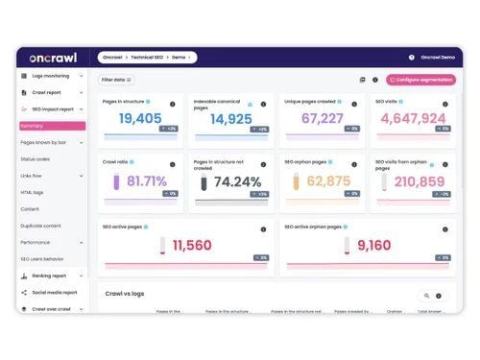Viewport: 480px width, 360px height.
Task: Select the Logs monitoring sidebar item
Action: [50, 76]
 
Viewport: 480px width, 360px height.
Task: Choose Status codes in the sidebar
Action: [36, 158]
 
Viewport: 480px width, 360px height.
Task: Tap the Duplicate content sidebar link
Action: [40, 226]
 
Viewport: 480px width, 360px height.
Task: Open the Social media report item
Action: [56, 292]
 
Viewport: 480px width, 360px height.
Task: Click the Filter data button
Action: [116, 80]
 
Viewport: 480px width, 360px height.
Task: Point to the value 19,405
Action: [140, 118]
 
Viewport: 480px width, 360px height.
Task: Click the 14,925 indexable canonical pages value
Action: [230, 119]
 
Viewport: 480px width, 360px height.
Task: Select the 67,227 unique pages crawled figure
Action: [322, 118]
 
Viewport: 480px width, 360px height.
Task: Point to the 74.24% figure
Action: [237, 181]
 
